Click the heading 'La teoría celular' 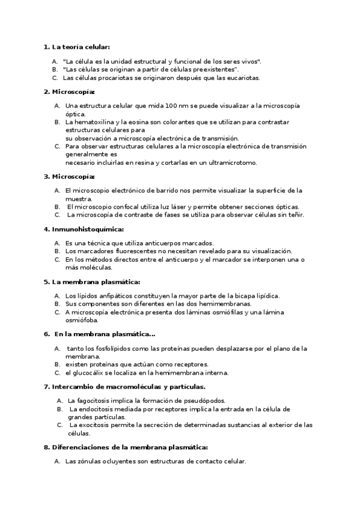tap(81, 47)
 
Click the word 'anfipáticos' tap(113, 296)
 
